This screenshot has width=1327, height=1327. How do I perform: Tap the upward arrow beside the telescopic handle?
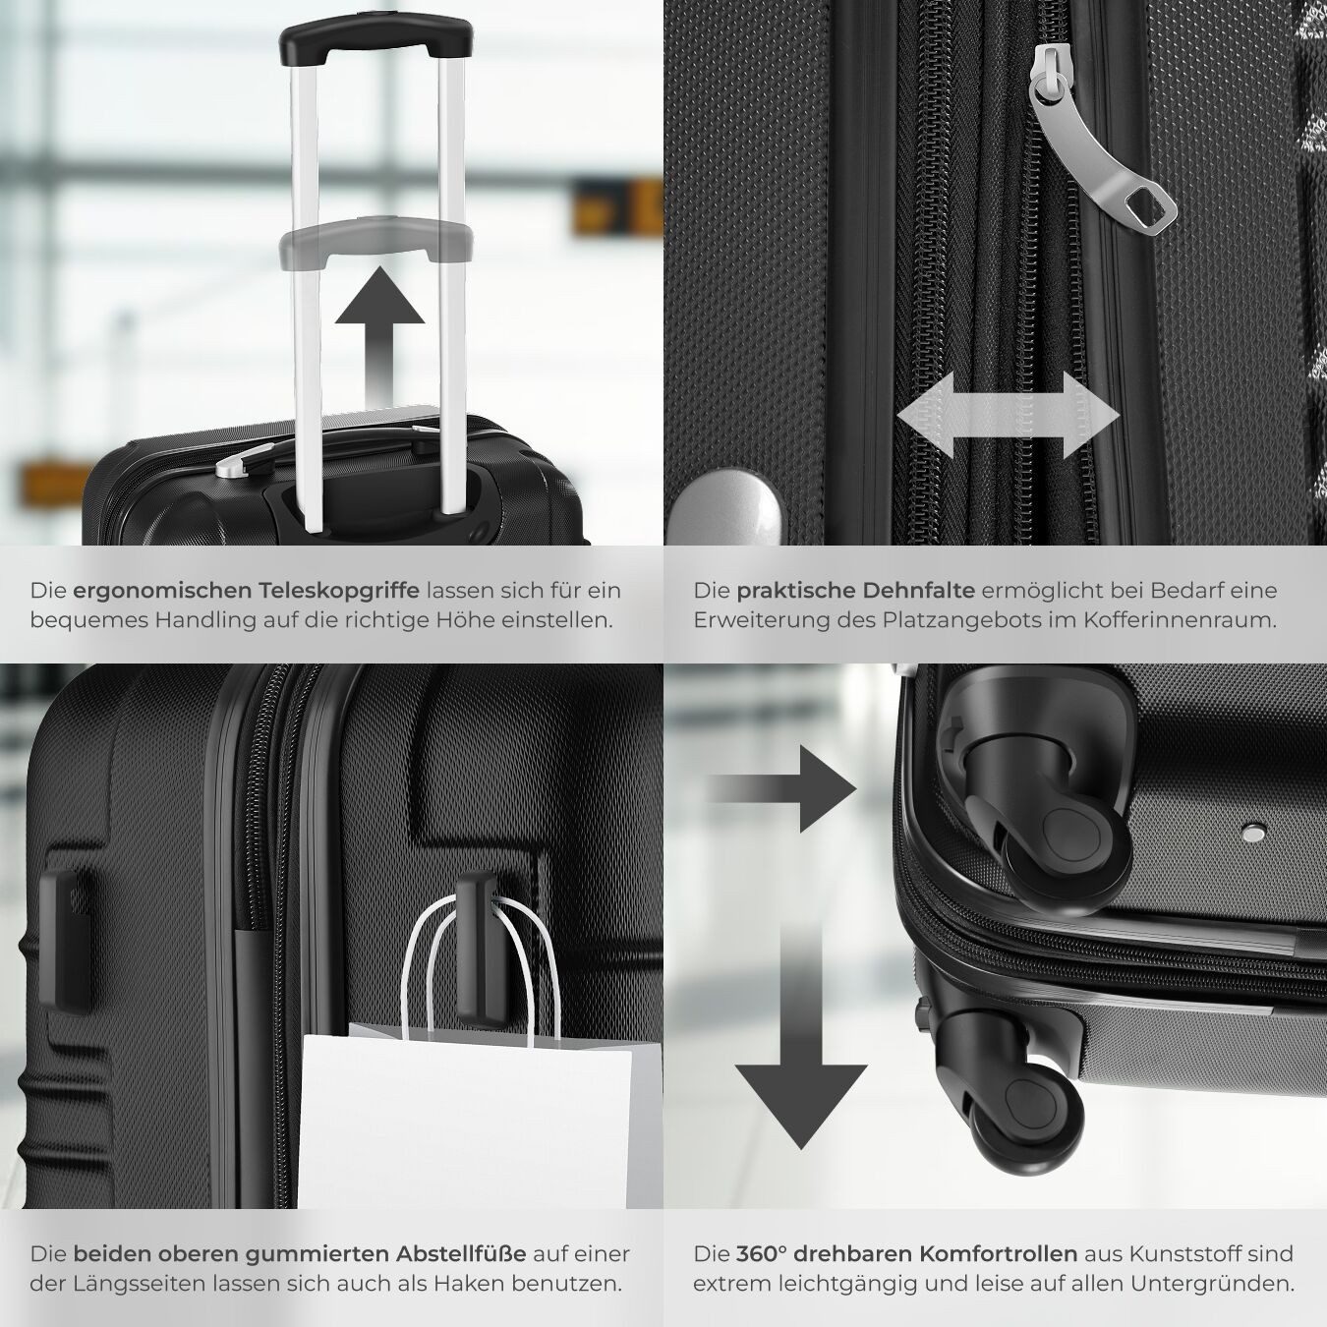[379, 334]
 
